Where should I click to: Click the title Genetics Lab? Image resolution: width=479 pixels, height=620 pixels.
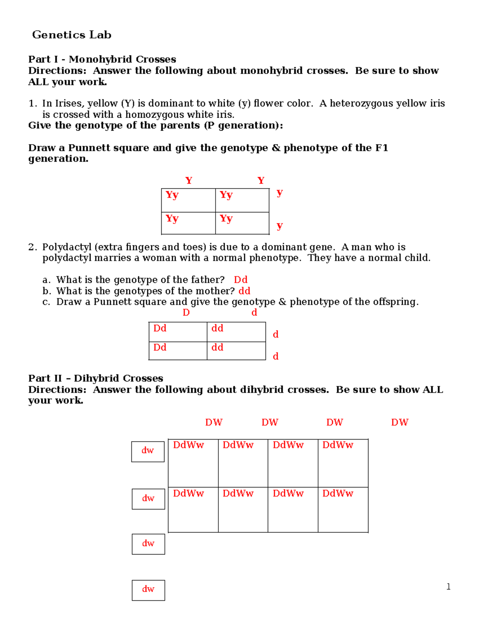click(71, 35)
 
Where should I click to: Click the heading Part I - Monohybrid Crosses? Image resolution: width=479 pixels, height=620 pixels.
click(102, 59)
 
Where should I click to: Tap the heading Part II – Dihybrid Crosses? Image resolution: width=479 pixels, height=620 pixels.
click(95, 378)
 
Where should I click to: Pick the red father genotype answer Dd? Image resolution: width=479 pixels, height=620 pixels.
click(240, 280)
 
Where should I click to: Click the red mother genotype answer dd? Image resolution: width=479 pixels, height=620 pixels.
click(244, 291)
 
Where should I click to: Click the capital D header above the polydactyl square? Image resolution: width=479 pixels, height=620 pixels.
click(186, 313)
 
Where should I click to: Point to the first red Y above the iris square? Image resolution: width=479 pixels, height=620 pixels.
click(189, 180)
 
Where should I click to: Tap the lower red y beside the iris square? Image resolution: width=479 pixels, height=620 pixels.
click(279, 226)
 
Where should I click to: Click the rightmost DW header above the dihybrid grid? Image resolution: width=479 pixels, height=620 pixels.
click(400, 422)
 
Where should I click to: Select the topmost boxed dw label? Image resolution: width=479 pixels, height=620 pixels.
click(148, 451)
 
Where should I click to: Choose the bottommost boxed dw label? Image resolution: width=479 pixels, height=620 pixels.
click(148, 590)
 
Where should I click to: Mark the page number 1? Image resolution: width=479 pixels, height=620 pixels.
click(448, 586)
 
